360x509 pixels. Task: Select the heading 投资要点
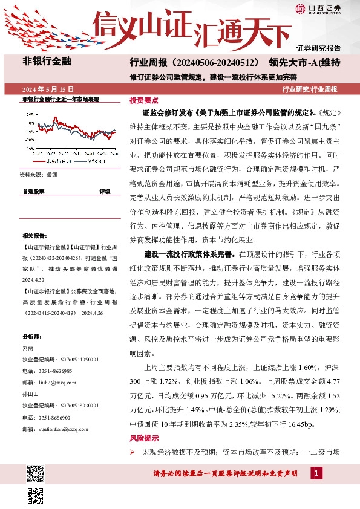144,101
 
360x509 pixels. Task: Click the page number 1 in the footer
318,472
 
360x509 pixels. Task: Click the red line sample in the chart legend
42,162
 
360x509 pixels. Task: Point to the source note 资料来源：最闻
39,174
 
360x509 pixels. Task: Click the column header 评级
105,191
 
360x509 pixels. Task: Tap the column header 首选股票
34,191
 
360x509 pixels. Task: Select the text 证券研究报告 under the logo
318,47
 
